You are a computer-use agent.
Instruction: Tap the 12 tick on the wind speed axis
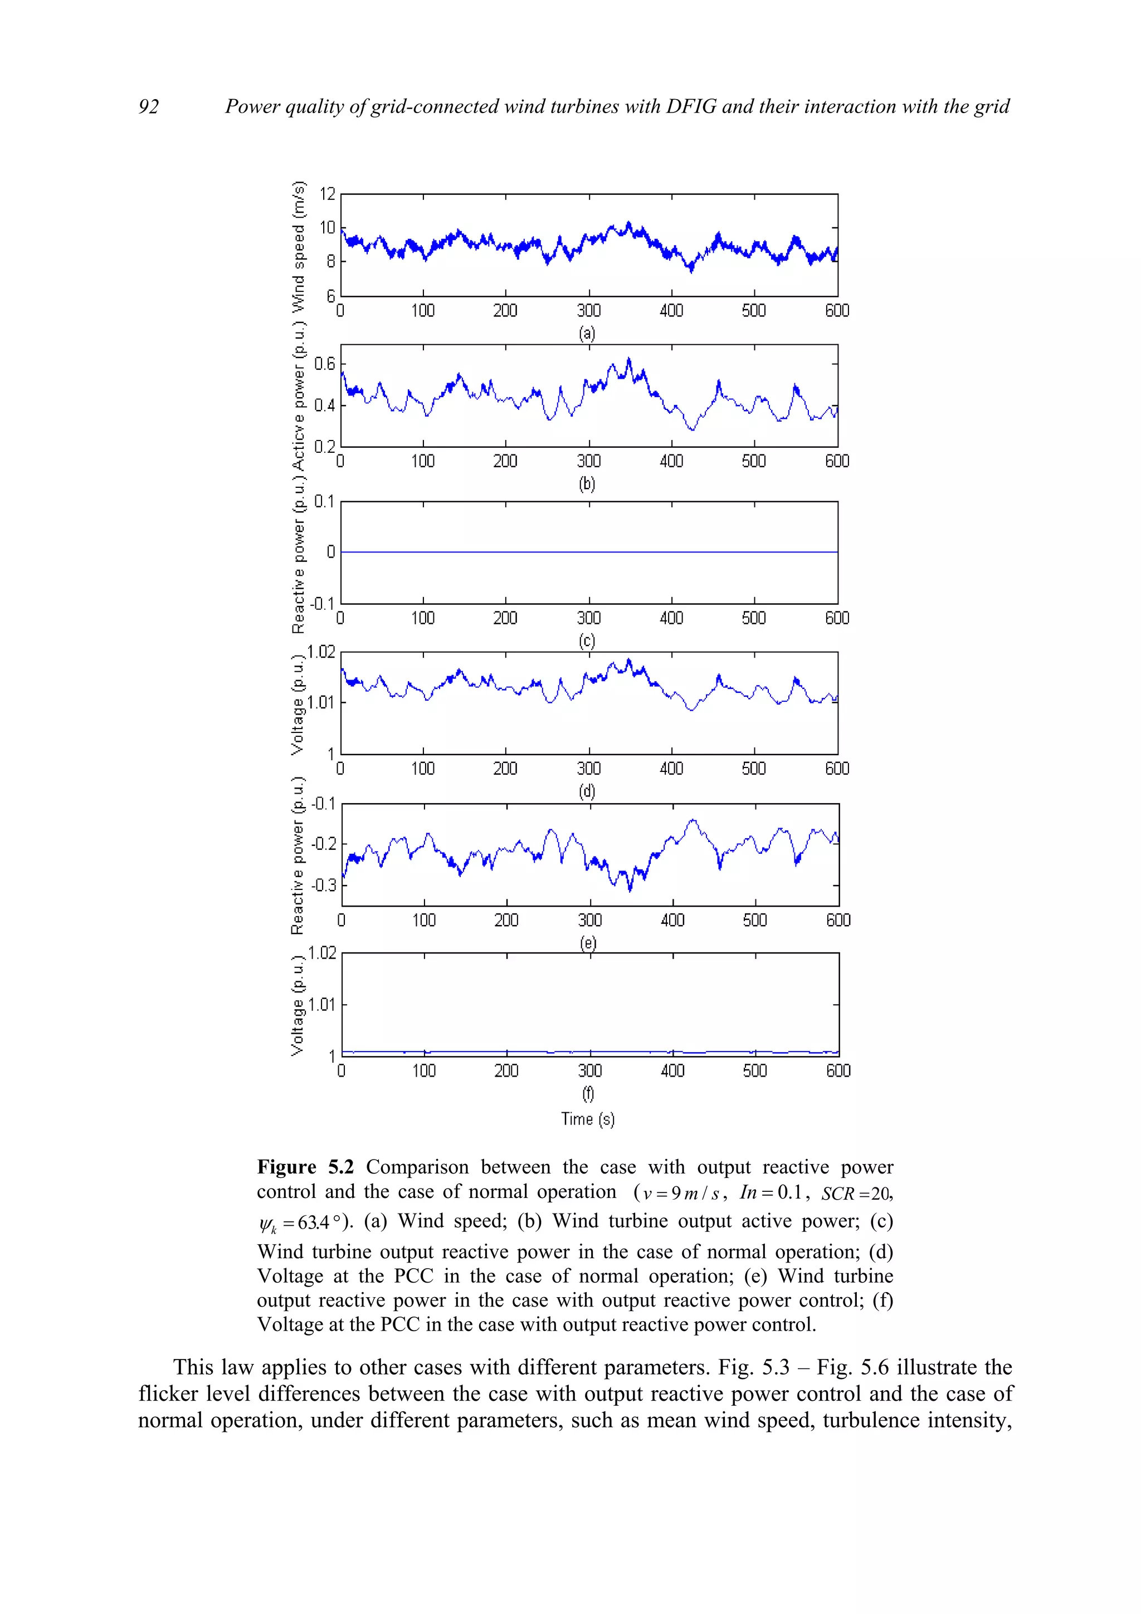point(328,194)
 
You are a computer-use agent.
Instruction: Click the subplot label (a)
point(587,332)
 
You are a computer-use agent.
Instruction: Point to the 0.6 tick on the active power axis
point(325,364)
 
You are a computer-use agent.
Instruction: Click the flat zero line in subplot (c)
point(589,552)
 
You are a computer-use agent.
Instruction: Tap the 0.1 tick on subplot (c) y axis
point(324,501)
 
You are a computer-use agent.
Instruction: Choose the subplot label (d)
point(587,791)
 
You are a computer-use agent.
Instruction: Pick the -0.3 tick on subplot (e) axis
point(324,885)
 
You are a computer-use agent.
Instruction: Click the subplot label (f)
point(588,1093)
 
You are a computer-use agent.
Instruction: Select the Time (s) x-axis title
point(588,1119)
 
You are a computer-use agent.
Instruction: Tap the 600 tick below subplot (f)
point(838,1070)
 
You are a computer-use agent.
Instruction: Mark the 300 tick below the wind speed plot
point(588,311)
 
